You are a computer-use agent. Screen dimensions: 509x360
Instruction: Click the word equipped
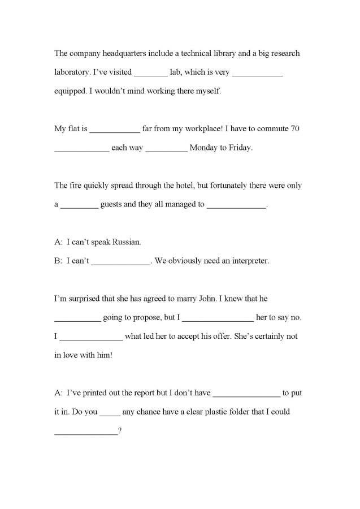pos(71,91)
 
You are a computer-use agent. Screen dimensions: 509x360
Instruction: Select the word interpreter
pos(249,261)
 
